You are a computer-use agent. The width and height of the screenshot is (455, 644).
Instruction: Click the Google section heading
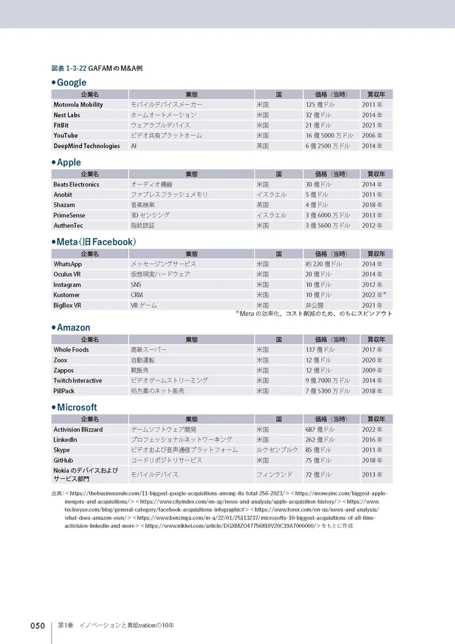(x=71, y=82)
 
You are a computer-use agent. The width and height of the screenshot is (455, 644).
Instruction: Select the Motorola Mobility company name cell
(x=78, y=104)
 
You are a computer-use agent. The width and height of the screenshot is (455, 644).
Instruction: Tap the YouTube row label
(x=65, y=135)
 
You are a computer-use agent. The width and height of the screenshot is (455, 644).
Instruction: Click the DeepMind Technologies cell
(x=86, y=146)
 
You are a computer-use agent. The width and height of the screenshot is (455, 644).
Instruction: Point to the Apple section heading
(x=68, y=162)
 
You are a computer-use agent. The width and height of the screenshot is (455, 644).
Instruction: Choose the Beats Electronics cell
(x=76, y=184)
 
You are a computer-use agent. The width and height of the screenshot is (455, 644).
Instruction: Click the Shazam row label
(x=64, y=205)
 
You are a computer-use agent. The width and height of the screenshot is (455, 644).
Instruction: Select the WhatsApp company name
(x=68, y=264)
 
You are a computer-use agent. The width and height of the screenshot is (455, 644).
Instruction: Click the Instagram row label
(x=67, y=285)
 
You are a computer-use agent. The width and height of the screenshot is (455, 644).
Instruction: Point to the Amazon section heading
(x=73, y=328)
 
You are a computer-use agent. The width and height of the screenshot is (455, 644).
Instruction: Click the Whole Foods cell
(x=71, y=350)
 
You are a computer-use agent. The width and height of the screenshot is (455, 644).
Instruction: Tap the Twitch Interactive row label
(x=77, y=381)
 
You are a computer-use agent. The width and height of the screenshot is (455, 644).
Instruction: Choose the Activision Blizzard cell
(x=78, y=430)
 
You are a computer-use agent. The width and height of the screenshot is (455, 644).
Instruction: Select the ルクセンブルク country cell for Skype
(x=277, y=450)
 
